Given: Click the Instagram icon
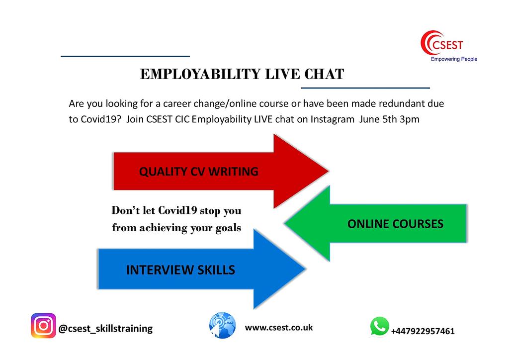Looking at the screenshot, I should pyautogui.click(x=43, y=326).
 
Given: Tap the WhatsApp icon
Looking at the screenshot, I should pyautogui.click(x=379, y=327).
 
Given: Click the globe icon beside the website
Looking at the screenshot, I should pyautogui.click(x=222, y=325).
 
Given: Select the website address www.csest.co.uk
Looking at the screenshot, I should pyautogui.click(x=279, y=328).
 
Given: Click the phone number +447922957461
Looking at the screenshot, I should pyautogui.click(x=423, y=331).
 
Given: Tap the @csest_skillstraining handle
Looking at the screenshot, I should pyautogui.click(x=105, y=329).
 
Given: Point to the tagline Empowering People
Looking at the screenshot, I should pyautogui.click(x=453, y=59).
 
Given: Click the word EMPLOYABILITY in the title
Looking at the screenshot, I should pyautogui.click(x=200, y=74).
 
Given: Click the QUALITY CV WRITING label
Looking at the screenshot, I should pyautogui.click(x=198, y=172).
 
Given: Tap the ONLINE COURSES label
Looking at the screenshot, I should pyautogui.click(x=395, y=224).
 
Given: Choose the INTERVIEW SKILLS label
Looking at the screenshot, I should pyautogui.click(x=180, y=270).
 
